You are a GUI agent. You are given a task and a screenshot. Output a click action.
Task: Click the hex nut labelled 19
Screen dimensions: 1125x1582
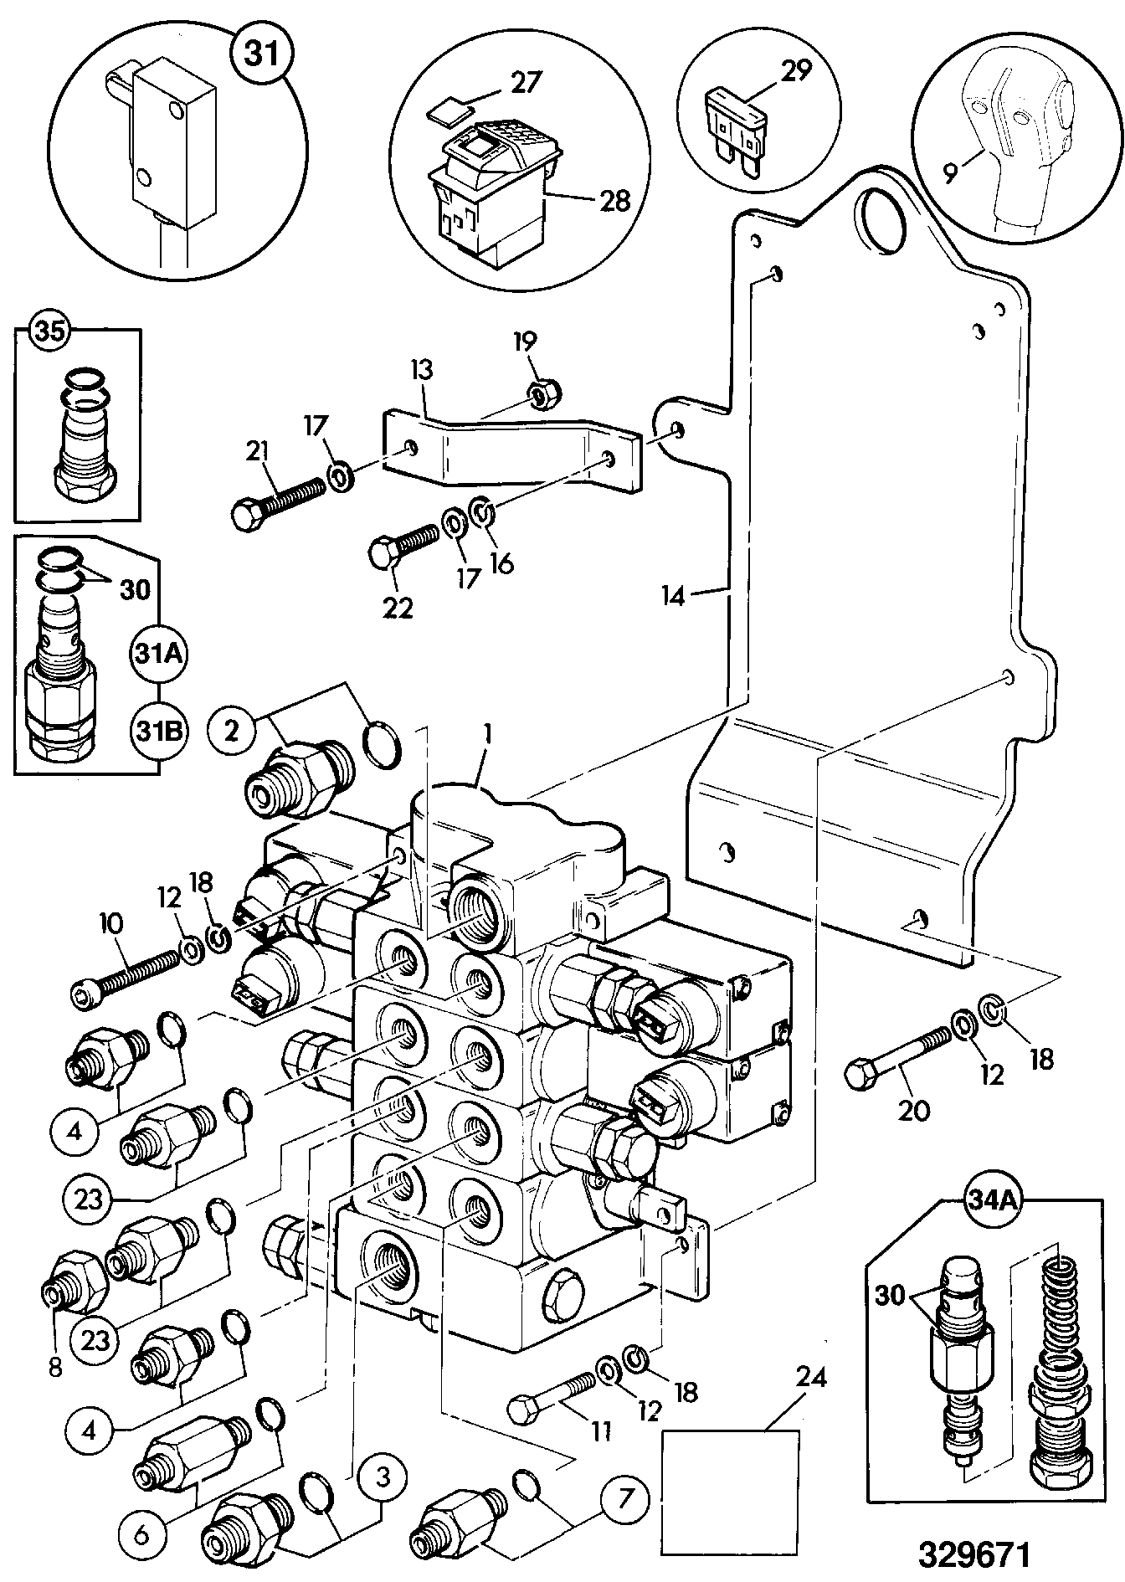pyautogui.click(x=547, y=393)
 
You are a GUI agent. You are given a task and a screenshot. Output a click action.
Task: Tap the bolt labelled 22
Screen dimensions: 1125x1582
pyautogui.click(x=403, y=546)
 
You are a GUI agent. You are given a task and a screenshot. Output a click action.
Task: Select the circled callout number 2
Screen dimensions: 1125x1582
pyautogui.click(x=232, y=729)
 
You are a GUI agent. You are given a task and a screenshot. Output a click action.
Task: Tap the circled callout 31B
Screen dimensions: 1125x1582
pyautogui.click(x=158, y=732)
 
